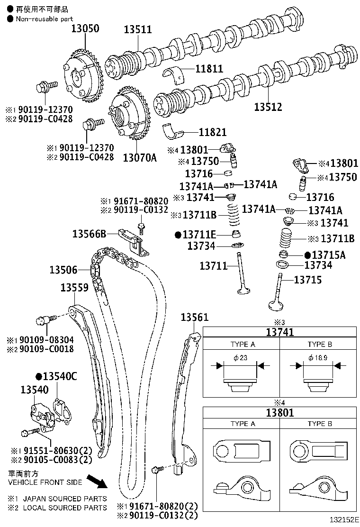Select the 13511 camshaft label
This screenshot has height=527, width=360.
(138, 29)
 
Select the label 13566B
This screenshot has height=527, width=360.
(89, 234)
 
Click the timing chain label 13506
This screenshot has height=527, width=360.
(63, 270)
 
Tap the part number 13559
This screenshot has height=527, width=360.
(74, 288)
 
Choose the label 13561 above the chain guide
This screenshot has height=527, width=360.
(194, 318)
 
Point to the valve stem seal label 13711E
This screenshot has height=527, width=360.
(199, 234)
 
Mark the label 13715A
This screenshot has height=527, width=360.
(328, 255)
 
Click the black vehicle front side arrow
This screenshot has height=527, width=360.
(101, 482)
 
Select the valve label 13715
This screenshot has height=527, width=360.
(307, 280)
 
